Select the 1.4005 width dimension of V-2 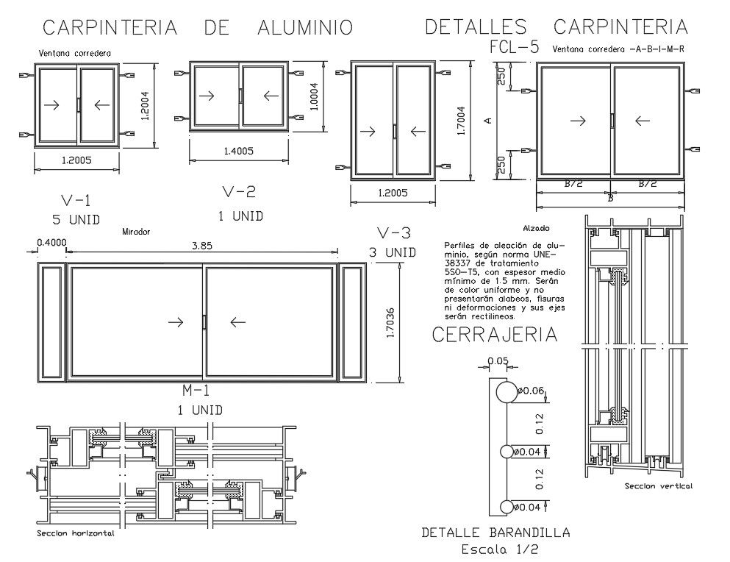coord(237,151)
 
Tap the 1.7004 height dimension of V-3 coord(461,120)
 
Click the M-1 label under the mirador coord(196,391)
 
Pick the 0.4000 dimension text coord(51,243)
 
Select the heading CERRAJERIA coord(494,335)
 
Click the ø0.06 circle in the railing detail coord(506,392)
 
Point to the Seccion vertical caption coord(658,486)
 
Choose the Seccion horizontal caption coord(76,533)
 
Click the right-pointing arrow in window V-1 coord(52,105)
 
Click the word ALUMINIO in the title coord(305,28)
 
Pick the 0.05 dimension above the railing coord(497,360)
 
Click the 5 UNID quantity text coord(76,220)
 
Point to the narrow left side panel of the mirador coord(51,323)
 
